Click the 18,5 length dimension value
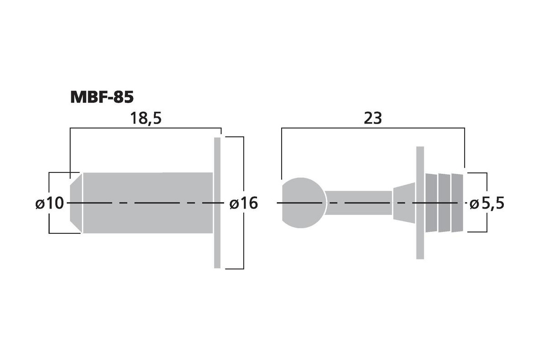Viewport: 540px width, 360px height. click(x=146, y=118)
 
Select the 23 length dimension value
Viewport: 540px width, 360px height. click(x=373, y=118)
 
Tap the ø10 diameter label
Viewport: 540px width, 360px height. click(x=50, y=203)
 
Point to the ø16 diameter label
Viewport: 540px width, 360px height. click(x=243, y=203)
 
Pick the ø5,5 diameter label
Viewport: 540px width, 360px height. click(x=487, y=203)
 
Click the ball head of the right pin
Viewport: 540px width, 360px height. click(x=303, y=202)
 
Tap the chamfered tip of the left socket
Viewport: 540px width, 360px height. click(x=76, y=202)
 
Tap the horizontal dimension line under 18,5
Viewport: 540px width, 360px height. click(x=146, y=129)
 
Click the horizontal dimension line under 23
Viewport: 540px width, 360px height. click(x=373, y=129)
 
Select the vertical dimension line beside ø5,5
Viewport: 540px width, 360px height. click(x=487, y=183)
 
